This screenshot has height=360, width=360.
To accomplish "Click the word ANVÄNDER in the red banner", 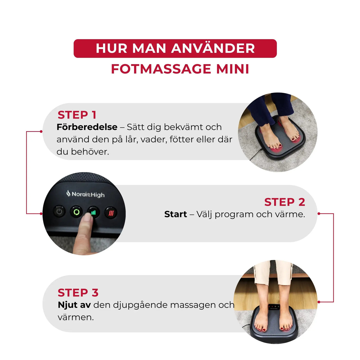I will coord(213,48).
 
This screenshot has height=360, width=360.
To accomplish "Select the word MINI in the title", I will coord(232,69).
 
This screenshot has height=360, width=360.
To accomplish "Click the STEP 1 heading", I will coord(77,115).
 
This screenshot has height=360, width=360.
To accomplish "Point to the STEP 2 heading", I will coord(284,202).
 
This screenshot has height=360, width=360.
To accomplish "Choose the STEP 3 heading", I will coord(78,293).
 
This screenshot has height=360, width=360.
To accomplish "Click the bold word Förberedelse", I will coord(87,127).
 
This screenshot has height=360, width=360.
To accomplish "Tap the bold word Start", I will coord(175,214).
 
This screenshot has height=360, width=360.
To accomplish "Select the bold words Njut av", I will coord(74,305).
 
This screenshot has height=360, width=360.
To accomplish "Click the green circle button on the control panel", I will coord(76,212).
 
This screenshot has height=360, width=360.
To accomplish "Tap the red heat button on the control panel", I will coord(111,213).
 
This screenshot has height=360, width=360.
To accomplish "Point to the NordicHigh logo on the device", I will coord(86,194).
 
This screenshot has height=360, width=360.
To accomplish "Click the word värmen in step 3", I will coord(75,317).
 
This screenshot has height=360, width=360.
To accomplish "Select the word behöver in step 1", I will coord(90,152).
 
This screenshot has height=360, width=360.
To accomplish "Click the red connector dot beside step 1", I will coord(41,131).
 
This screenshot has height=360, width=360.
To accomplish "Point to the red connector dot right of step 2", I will coord(319,213).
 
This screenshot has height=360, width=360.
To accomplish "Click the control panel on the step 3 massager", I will coord(274,307).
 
